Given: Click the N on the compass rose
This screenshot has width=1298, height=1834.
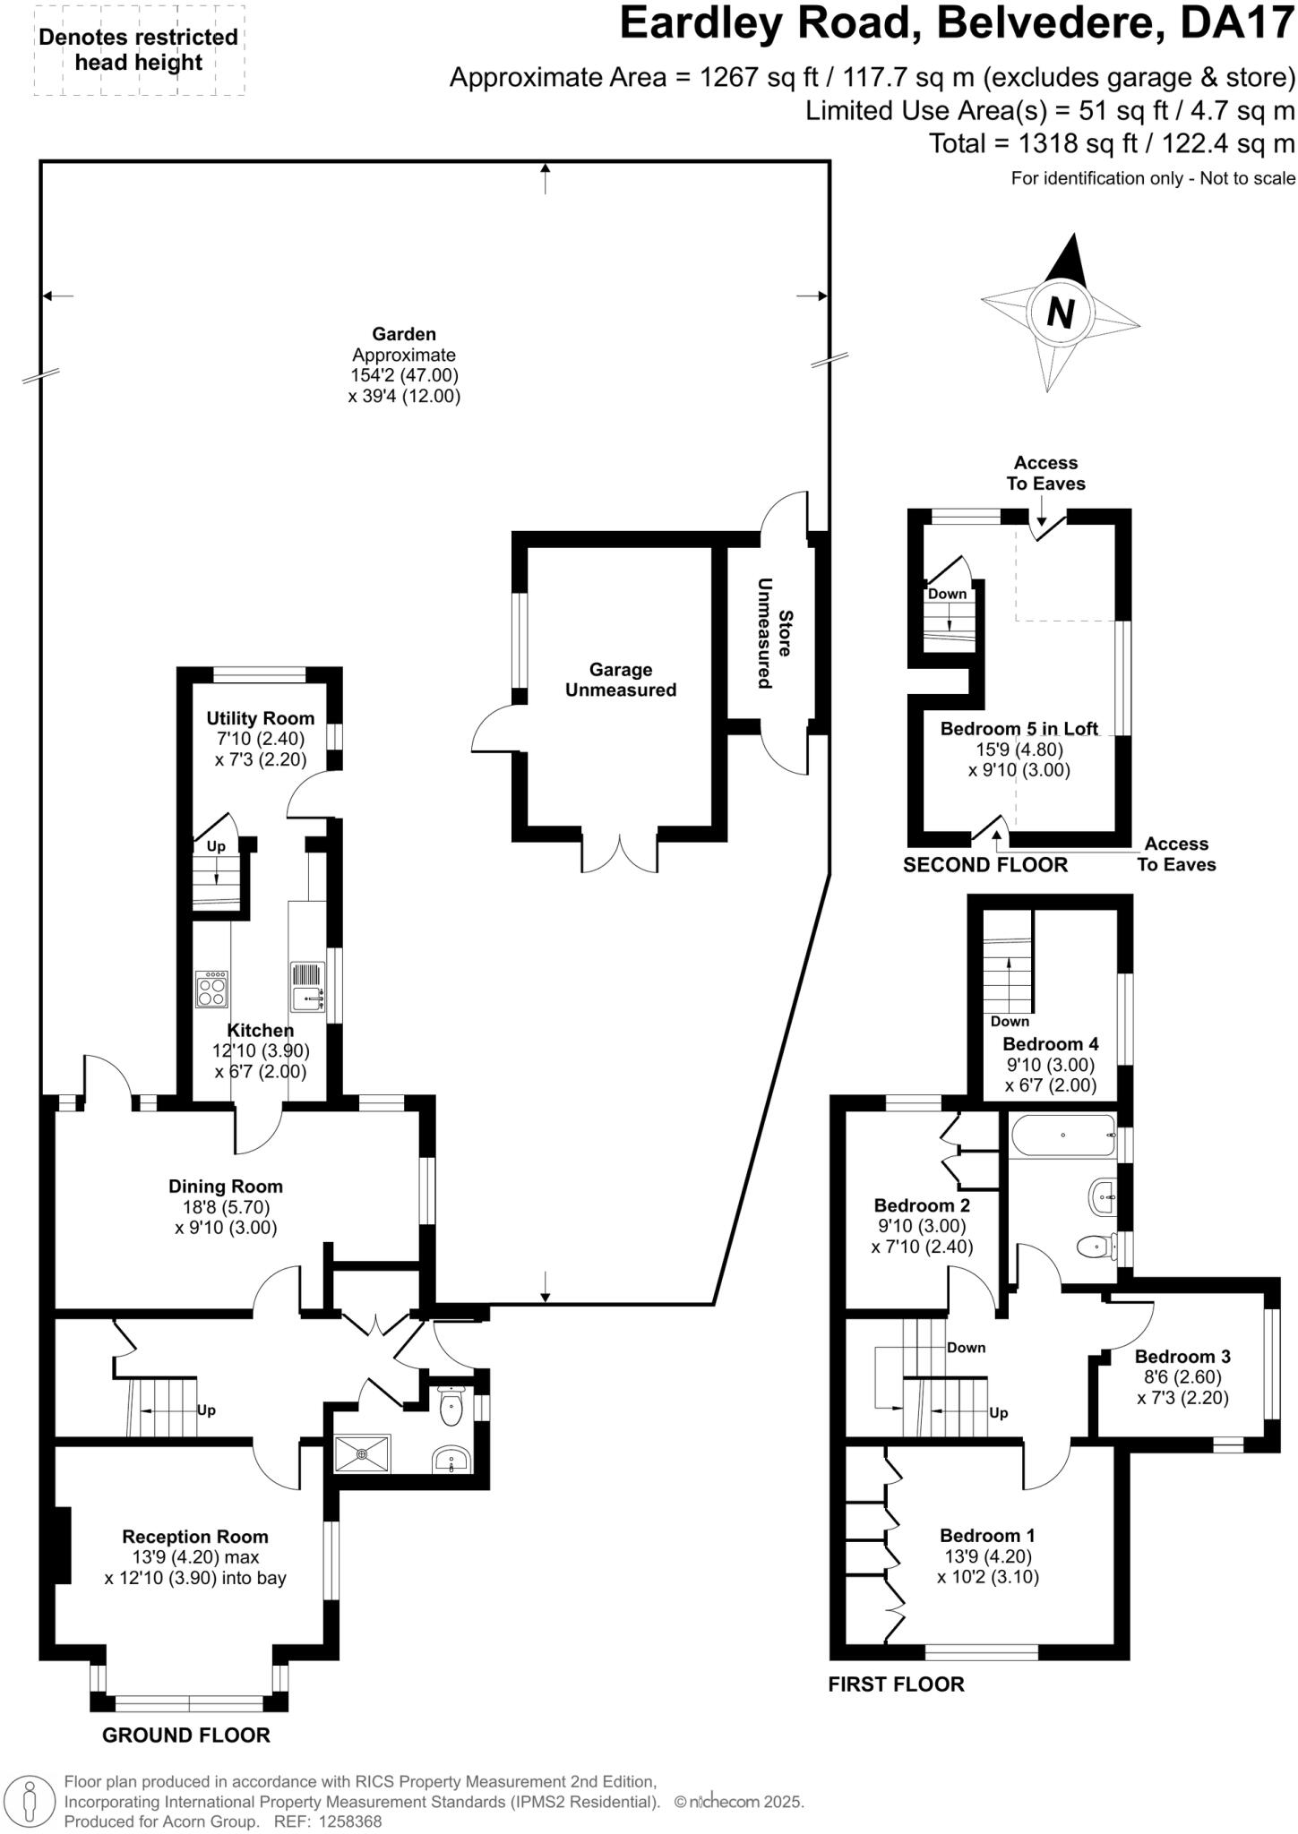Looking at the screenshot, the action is tap(1061, 313).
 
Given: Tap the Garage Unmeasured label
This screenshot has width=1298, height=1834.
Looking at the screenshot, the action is tap(620, 680).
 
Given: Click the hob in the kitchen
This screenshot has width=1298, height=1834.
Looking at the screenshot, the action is tap(212, 989).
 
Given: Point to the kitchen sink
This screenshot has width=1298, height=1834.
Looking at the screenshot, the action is tap(306, 987).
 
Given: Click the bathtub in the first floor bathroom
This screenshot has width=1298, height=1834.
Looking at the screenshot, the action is tap(1063, 1136).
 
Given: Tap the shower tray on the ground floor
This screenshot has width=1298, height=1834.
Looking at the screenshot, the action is tap(362, 1453).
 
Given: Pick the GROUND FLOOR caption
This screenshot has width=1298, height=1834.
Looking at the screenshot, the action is tap(185, 1735).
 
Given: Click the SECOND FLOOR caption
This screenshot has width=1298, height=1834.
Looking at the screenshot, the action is tap(985, 865).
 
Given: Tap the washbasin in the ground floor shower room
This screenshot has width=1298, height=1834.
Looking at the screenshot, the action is tap(451, 1461).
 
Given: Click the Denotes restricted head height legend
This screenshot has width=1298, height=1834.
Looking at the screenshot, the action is tap(139, 50).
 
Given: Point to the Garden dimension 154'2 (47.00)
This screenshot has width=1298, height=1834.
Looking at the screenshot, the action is tap(404, 375).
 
